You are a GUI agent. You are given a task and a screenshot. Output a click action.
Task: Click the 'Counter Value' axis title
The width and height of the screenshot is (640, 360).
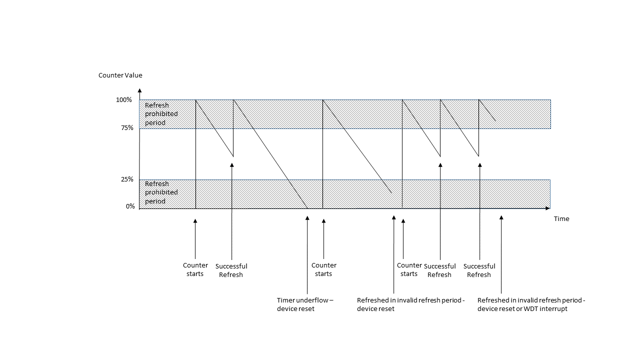(120, 75)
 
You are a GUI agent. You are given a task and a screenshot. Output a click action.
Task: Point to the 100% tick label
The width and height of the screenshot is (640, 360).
(124, 100)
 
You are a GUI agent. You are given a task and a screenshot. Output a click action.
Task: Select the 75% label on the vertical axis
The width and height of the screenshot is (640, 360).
(127, 128)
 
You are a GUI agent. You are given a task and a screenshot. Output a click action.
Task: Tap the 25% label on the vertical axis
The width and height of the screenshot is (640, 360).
(127, 179)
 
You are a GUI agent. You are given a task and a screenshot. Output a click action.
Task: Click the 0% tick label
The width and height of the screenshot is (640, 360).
(130, 206)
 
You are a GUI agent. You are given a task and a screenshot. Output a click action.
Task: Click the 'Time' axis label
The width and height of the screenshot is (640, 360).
(561, 219)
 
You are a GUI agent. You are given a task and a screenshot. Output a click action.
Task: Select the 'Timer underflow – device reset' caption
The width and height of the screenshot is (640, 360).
(304, 304)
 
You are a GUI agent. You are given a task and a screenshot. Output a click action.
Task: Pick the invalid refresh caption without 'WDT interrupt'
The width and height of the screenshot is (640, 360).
(410, 304)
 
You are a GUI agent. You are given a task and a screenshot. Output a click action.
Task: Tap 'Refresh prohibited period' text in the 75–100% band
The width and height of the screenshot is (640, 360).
(161, 114)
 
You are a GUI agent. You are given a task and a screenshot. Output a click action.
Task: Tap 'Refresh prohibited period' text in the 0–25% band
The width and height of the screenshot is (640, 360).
(161, 192)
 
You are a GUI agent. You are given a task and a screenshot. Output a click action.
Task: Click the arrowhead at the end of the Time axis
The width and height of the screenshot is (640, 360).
(548, 208)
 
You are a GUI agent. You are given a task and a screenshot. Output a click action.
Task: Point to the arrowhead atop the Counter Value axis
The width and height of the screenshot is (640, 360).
(139, 91)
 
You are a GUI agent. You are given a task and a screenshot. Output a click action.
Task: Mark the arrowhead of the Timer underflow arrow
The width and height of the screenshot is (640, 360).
(307, 218)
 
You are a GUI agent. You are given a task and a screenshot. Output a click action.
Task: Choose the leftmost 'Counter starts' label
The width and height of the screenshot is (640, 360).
(195, 269)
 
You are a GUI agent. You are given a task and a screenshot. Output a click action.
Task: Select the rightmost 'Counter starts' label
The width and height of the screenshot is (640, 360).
(409, 269)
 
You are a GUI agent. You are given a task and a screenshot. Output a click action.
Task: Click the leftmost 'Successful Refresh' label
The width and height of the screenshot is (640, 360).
(231, 270)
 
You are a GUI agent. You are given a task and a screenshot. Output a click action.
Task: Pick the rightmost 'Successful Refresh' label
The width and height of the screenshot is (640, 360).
(479, 270)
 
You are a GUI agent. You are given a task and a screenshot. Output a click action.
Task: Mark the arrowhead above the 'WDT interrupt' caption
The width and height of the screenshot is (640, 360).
(500, 218)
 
